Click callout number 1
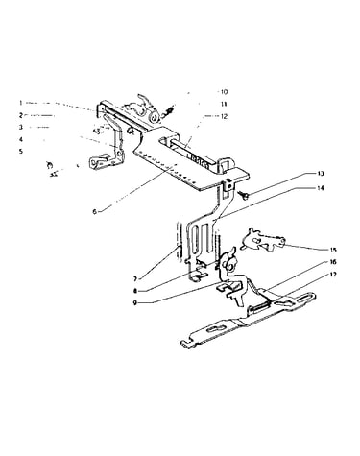21,103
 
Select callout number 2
21,115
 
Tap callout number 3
21,127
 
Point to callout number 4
21,139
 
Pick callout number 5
21,151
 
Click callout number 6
95,211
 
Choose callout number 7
135,279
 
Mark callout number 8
135,291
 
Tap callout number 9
135,302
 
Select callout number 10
224,92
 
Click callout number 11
224,104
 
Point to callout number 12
224,116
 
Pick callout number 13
321,174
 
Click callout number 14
321,188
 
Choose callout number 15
333,250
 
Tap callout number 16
333,262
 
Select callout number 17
333,275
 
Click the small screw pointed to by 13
243,194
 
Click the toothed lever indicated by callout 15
263,241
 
